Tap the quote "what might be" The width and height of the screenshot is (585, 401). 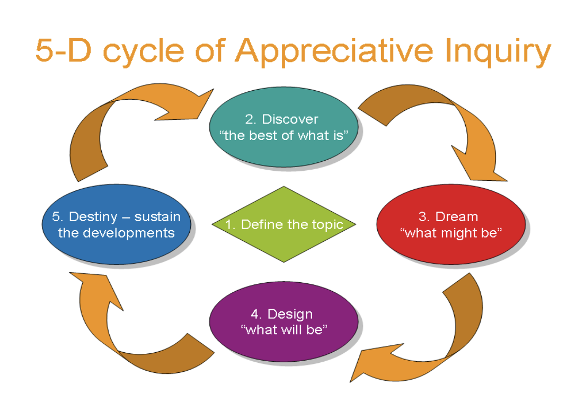coord(450,233)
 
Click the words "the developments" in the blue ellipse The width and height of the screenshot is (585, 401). coord(116,233)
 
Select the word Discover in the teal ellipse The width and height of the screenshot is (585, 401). coord(290,119)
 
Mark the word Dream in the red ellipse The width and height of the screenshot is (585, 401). coord(456,216)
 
